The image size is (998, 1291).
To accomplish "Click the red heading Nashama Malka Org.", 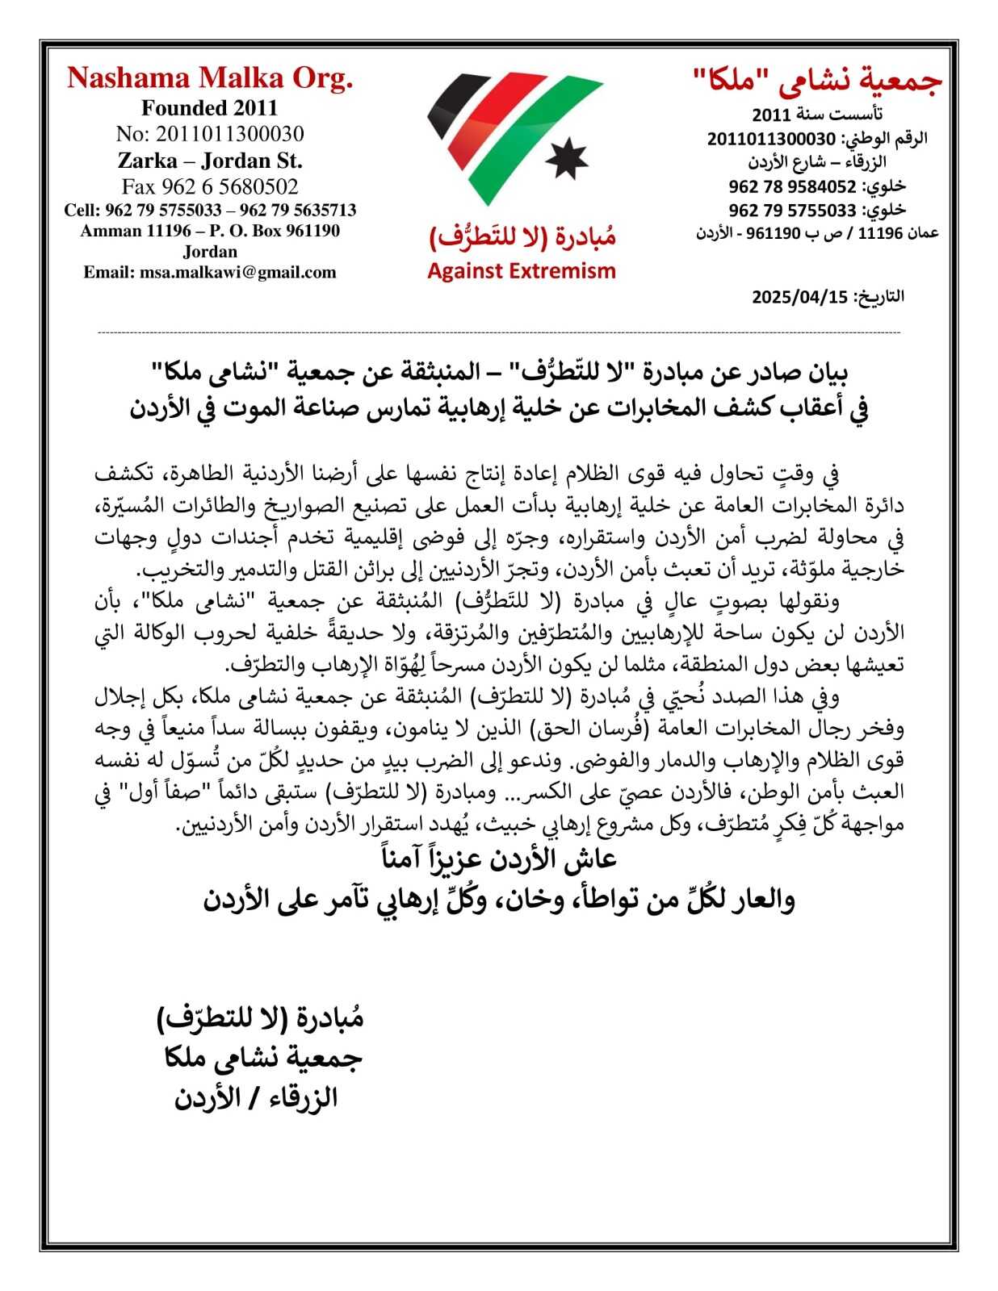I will click(x=210, y=78).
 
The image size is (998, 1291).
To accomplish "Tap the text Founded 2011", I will click(x=209, y=108).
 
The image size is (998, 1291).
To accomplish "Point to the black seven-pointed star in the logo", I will click(x=567, y=159).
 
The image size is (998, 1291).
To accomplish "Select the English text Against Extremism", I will click(x=521, y=271).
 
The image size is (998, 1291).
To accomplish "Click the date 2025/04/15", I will click(x=799, y=297).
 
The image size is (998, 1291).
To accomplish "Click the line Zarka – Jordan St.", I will click(x=210, y=161).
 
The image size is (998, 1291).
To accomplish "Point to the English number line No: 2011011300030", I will click(x=210, y=134).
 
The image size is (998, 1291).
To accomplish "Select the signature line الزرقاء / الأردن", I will click(x=256, y=1098).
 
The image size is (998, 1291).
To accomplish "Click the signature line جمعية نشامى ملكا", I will click(x=262, y=1058).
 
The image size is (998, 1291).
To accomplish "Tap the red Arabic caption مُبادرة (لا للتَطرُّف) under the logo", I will click(x=522, y=236).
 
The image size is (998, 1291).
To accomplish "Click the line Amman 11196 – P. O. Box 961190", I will click(x=210, y=231).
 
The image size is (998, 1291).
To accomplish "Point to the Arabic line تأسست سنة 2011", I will click(x=817, y=114).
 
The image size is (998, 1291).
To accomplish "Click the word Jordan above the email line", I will click(x=210, y=252).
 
